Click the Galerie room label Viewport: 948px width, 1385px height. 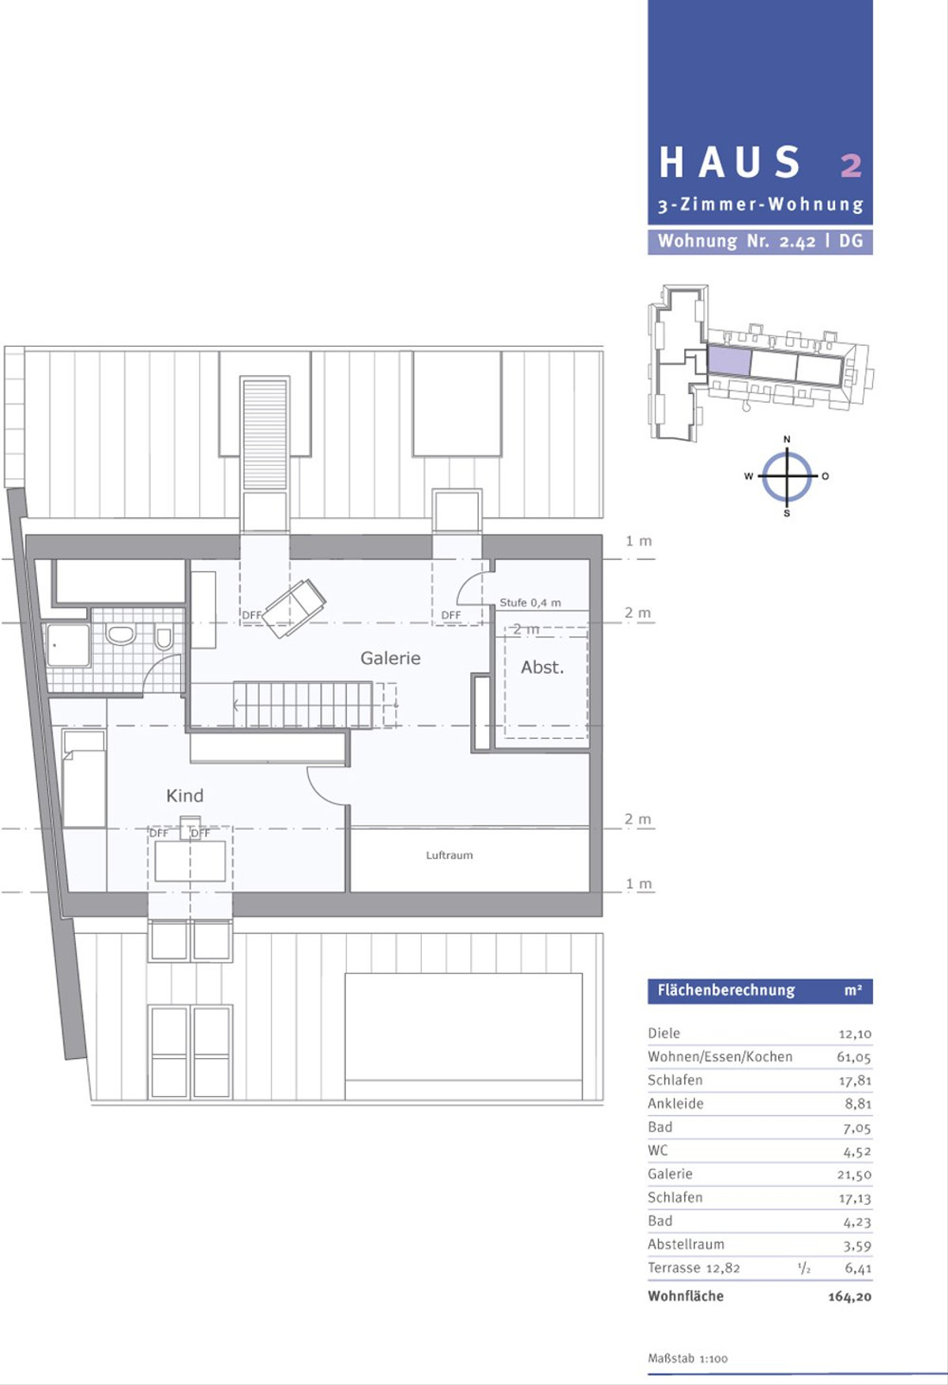(390, 658)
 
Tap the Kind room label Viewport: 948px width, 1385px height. (185, 795)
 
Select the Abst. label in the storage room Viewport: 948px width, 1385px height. (542, 667)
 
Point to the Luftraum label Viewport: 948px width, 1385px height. (450, 855)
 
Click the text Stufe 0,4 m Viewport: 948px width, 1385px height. (530, 602)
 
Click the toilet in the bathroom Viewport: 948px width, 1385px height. (164, 637)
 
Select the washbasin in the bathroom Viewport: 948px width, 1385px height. (121, 634)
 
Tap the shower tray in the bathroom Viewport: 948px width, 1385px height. (68, 646)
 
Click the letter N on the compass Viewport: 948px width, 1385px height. (787, 439)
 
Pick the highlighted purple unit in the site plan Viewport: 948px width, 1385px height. (728, 362)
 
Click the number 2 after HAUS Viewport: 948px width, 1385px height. (851, 165)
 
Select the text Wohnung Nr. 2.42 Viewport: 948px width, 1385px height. (736, 242)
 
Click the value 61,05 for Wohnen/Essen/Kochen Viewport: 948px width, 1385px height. (854, 1057)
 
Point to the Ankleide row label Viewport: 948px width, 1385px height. (675, 1104)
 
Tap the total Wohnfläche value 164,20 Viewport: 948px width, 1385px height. (850, 1297)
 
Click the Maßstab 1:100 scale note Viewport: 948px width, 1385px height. (688, 1358)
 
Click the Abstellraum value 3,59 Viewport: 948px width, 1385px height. (857, 1246)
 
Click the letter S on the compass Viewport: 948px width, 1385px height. (787, 513)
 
